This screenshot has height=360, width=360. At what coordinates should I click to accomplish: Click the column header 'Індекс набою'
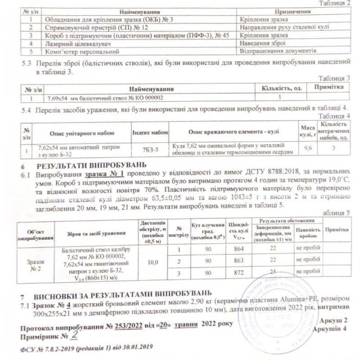point(150,133)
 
